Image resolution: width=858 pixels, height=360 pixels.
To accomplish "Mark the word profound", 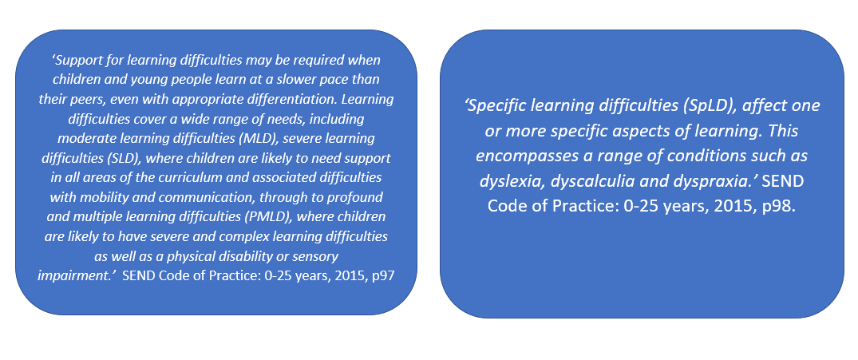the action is tap(357, 197).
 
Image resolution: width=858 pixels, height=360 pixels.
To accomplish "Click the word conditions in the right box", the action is tap(722, 156).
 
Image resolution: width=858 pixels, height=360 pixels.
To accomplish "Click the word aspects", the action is tap(633, 131).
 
